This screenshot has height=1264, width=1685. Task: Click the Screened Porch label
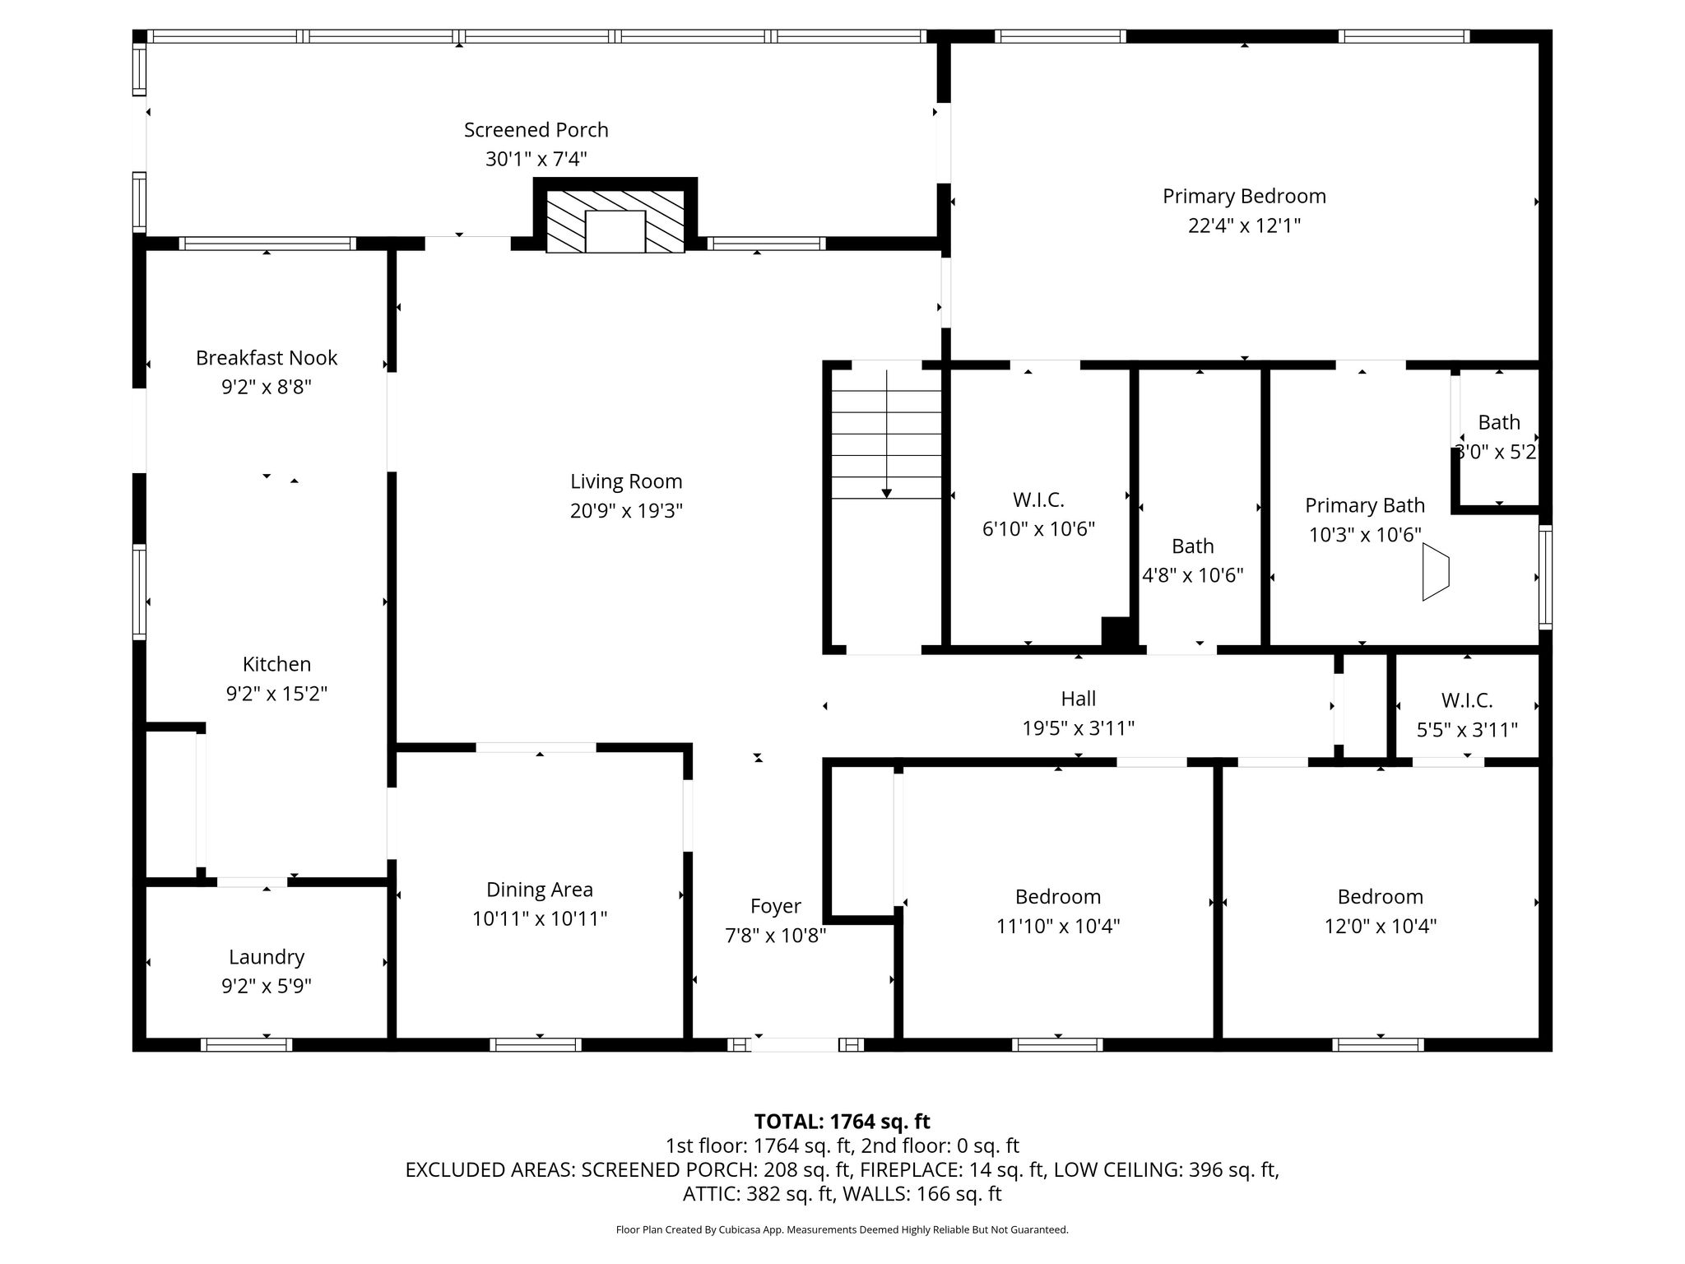[536, 130]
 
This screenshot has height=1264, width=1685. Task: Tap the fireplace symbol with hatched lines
[615, 221]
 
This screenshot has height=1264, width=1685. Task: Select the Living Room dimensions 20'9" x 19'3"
[627, 511]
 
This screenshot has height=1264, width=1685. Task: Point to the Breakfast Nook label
[267, 358]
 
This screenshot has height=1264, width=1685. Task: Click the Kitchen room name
[277, 664]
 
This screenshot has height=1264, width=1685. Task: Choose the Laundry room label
[267, 957]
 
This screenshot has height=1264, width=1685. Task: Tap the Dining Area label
[540, 890]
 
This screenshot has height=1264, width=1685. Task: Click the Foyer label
[776, 906]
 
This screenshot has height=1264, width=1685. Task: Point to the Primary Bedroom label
[1244, 196]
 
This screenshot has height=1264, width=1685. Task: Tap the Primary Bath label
[1365, 505]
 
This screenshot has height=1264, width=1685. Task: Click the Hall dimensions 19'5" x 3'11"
[1079, 728]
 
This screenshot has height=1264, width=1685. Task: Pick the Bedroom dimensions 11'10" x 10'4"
[1058, 927]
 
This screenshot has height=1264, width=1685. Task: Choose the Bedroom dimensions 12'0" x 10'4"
[1381, 927]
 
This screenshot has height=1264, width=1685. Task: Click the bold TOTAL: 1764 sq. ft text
[842, 1122]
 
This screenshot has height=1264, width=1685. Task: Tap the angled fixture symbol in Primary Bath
[1436, 572]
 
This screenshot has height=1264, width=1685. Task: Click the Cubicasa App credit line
[842, 1230]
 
